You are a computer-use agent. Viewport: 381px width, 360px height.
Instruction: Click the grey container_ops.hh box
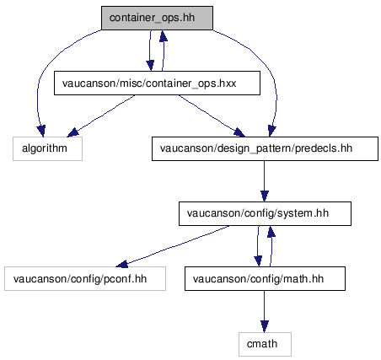(157, 18)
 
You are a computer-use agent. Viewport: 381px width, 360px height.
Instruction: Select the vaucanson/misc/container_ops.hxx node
(157, 83)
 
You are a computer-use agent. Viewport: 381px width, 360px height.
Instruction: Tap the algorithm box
(47, 148)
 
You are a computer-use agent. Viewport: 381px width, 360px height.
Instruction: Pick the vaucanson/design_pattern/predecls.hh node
(265, 148)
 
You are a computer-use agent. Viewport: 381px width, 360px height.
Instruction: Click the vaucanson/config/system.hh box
(265, 213)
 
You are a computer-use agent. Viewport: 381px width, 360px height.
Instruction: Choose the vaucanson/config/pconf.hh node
(85, 279)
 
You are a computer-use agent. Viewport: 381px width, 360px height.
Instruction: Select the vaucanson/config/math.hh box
(265, 279)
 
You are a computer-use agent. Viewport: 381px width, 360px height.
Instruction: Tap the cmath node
(265, 344)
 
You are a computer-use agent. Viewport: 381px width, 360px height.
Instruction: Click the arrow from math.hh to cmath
(265, 311)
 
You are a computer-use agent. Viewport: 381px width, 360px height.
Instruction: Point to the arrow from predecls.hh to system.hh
(265, 181)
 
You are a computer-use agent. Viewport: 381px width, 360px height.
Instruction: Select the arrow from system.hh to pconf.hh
(173, 246)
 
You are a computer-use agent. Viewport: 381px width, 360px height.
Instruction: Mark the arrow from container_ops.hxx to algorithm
(101, 116)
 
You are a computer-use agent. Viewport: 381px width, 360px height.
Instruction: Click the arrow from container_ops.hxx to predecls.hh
(212, 116)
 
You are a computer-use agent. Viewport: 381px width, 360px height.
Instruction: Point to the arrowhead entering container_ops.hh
(164, 35)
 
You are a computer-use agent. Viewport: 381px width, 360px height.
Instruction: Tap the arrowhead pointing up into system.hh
(271, 231)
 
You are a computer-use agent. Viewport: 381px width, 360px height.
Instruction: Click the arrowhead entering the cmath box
(265, 326)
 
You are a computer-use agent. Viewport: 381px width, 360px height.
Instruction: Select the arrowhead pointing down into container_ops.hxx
(150, 65)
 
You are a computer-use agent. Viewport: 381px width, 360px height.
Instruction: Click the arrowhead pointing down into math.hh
(258, 261)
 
